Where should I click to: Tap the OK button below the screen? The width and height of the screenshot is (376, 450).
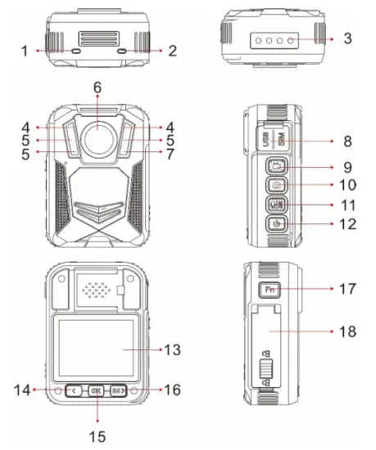(x=97, y=391)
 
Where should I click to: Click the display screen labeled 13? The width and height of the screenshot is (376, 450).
(x=97, y=346)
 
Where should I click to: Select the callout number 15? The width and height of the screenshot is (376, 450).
(x=97, y=436)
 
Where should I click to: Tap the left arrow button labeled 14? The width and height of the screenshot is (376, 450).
(x=75, y=391)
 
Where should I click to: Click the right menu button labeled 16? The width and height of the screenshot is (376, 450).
(x=118, y=391)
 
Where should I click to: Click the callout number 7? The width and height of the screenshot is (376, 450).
(x=168, y=153)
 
